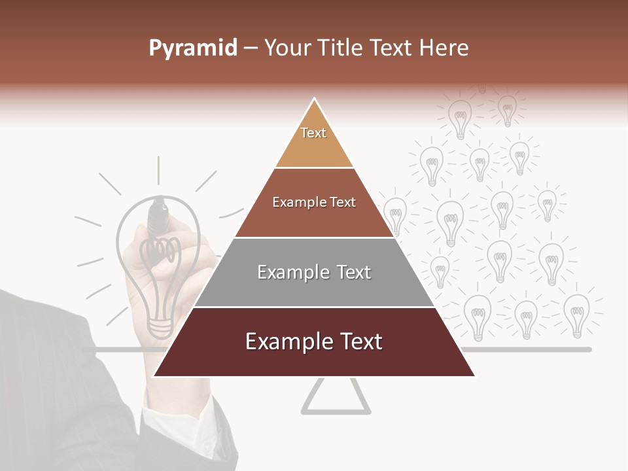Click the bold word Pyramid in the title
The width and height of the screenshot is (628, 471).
(192, 48)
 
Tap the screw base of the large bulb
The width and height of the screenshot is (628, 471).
(159, 324)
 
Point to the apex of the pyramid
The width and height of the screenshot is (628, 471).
(314, 100)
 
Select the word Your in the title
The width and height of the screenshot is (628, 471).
(287, 48)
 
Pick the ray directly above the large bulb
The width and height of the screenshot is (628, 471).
(158, 170)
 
